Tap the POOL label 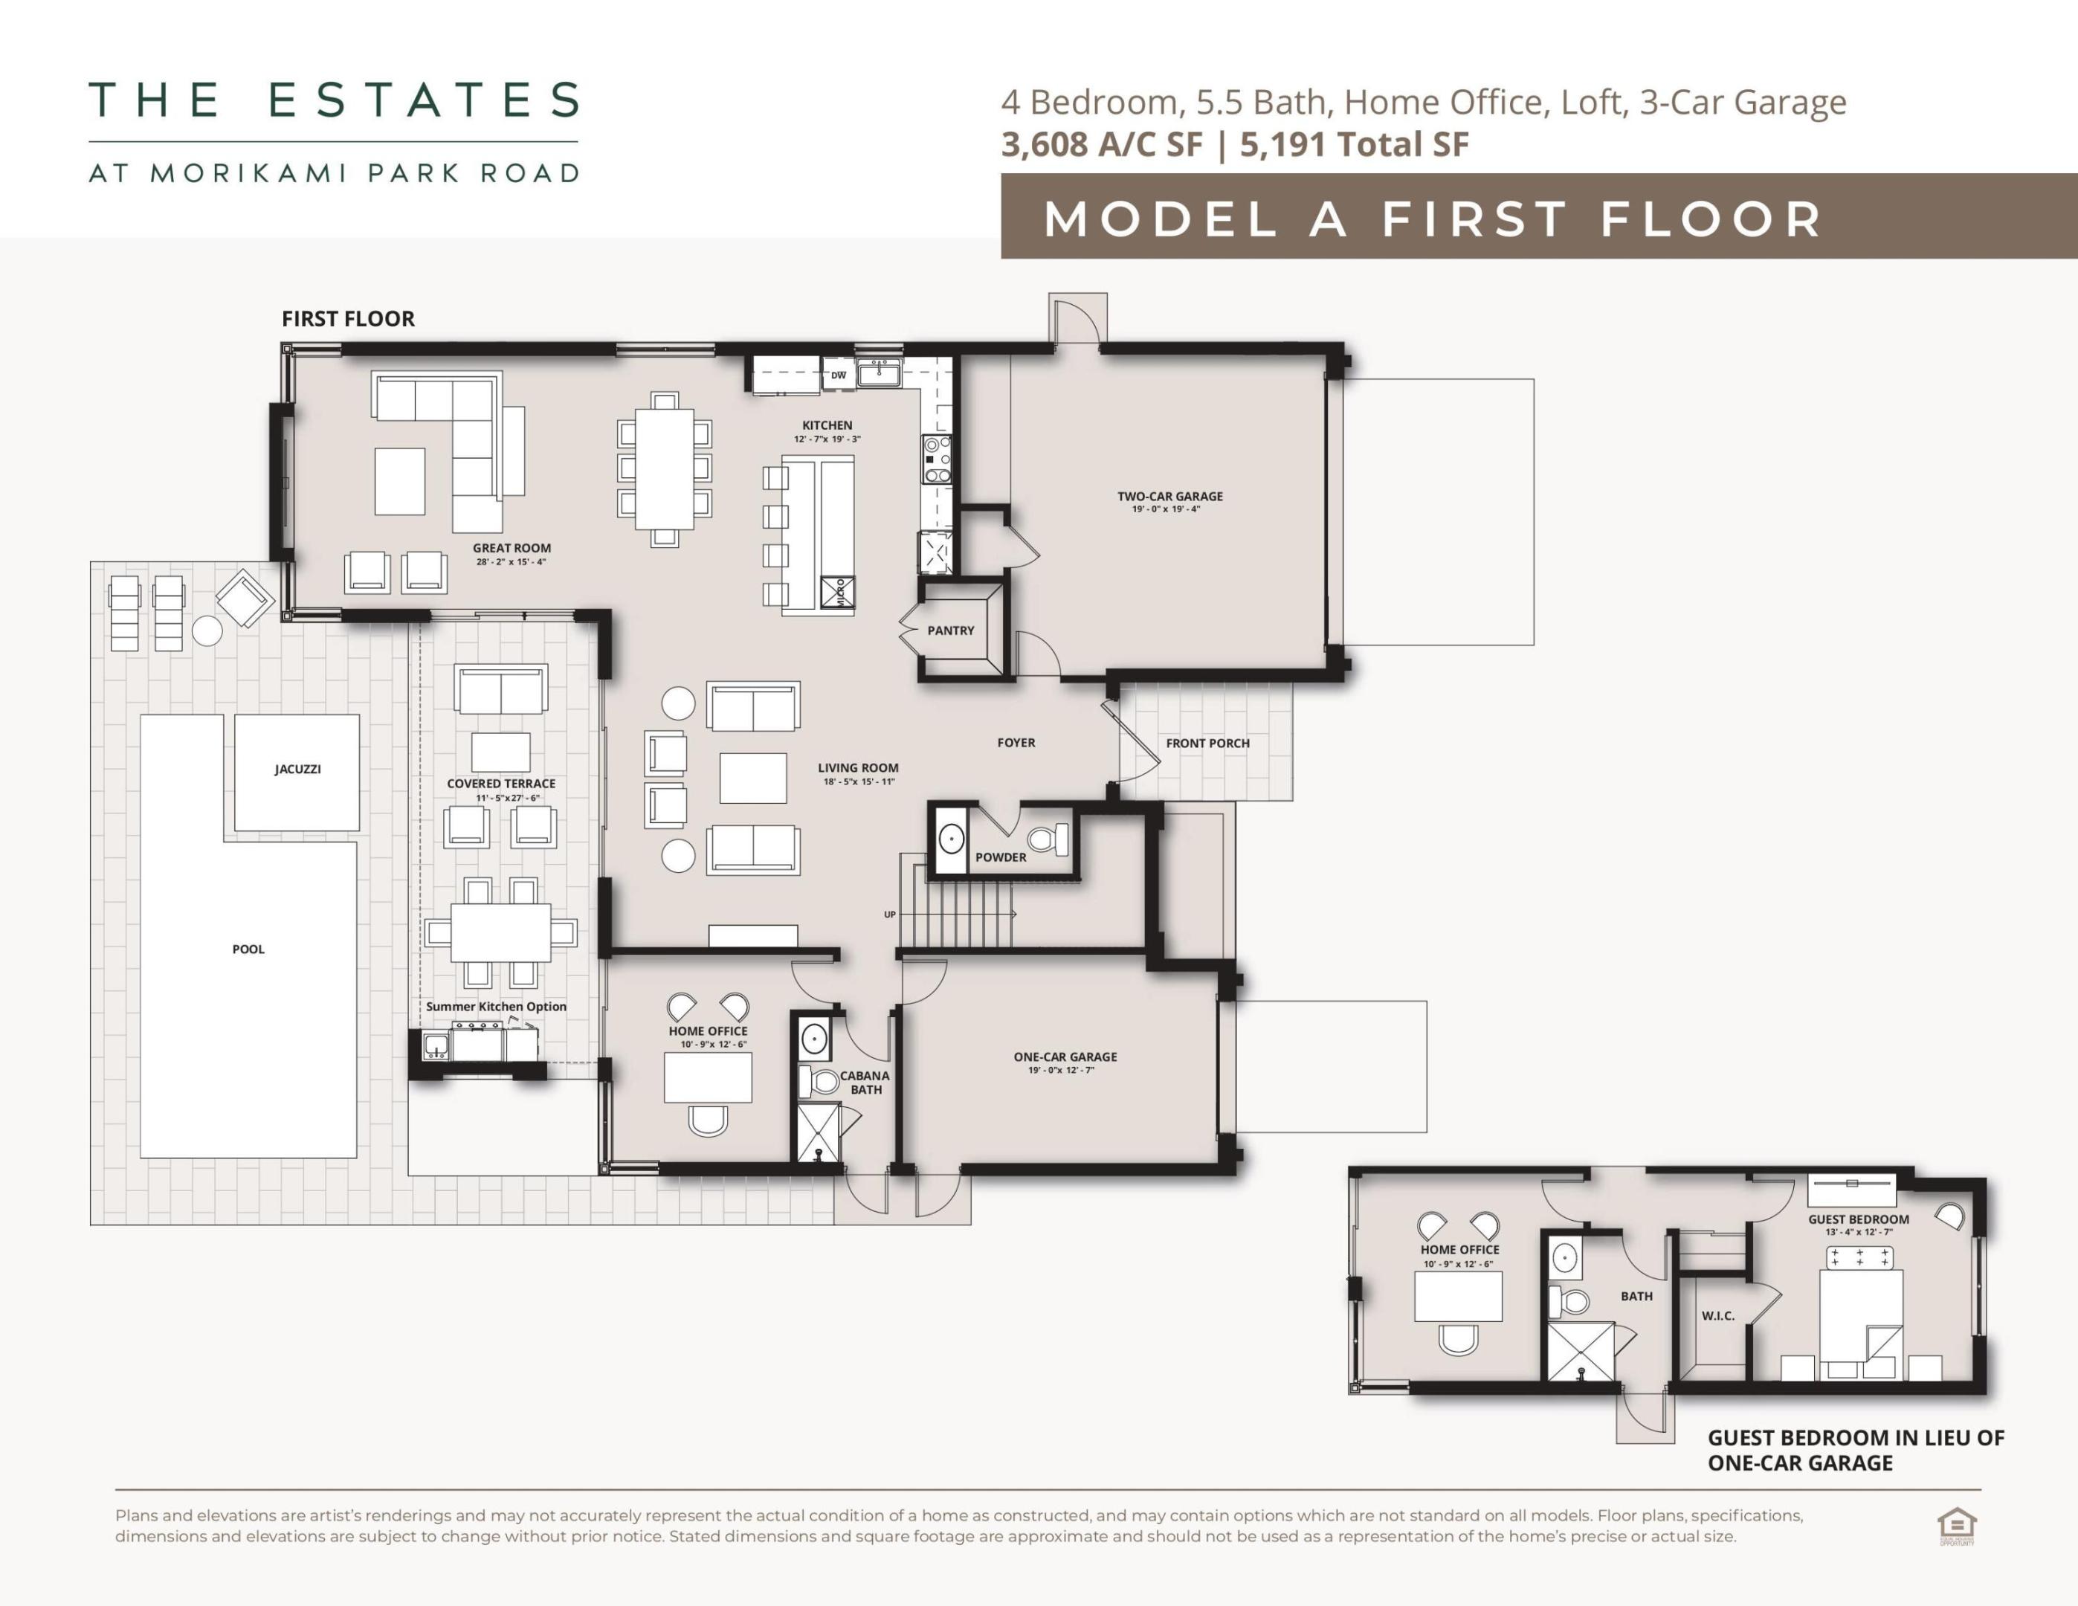pos(248,949)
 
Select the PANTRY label pos(950,630)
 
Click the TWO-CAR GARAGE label pos(1169,496)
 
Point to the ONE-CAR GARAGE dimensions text pos(1061,1071)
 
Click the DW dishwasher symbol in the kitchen pos(838,375)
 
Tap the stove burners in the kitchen pos(936,459)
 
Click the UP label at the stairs pos(890,915)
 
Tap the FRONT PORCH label pos(1207,743)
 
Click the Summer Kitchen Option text pos(496,1007)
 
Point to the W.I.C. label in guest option pos(1717,1316)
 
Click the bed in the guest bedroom pos(1860,1323)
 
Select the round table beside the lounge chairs pos(207,630)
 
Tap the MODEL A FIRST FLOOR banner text pos(1432,219)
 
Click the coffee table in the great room pos(400,481)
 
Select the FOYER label pos(1016,742)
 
